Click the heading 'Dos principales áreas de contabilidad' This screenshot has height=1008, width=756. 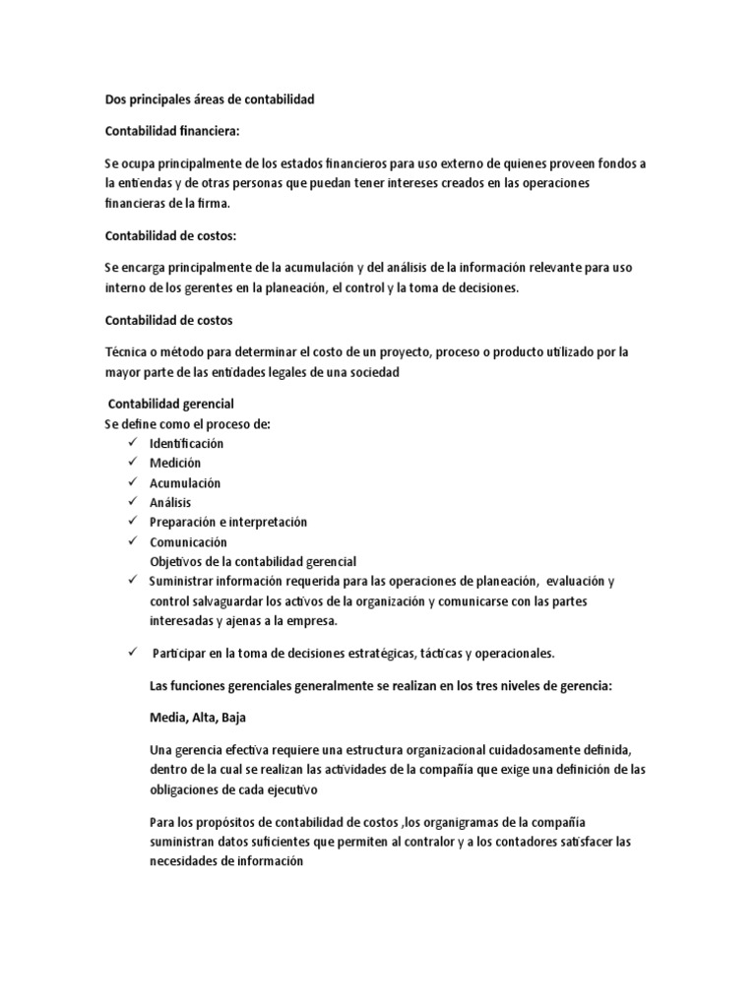point(210,99)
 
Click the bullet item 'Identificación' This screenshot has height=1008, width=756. point(186,443)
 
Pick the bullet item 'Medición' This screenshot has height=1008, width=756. point(174,463)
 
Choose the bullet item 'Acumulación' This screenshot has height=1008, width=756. point(185,482)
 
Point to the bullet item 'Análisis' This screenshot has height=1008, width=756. point(170,502)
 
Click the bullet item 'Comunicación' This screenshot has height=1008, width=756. point(188,541)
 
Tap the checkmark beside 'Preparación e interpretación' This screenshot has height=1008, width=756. point(131,522)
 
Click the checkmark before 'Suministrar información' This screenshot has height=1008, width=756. point(131,581)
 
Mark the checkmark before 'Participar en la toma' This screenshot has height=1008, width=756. point(131,653)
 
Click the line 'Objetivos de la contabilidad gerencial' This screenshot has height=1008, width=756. point(253,561)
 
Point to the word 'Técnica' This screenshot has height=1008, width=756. point(126,352)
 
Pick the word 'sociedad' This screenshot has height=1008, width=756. point(372,372)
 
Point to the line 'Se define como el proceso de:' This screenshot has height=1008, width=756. point(187,423)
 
